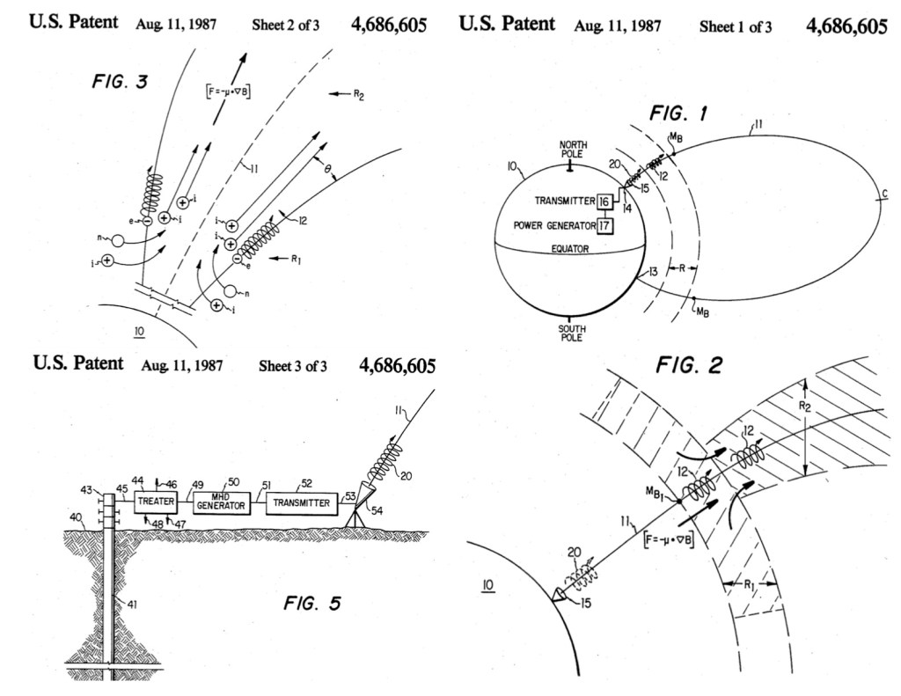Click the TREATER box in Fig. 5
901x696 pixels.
click(x=156, y=503)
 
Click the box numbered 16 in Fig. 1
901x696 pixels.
click(x=604, y=201)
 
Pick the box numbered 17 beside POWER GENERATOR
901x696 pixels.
click(x=604, y=225)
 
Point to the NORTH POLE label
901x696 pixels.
click(x=572, y=149)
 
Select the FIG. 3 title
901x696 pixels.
click(x=120, y=83)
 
